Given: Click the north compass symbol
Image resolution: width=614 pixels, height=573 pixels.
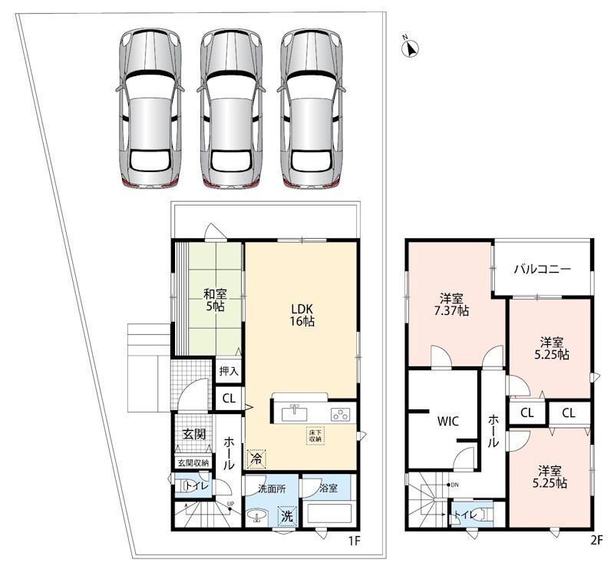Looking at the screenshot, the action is click(411, 48).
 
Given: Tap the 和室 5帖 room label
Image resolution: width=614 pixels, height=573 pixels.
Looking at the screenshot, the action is click(215, 300).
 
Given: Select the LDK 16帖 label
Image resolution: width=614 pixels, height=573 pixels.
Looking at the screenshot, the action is click(302, 315).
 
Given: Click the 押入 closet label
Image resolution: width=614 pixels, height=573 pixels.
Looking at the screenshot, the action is click(229, 371).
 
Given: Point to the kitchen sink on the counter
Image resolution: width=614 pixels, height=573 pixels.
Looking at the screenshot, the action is click(295, 413).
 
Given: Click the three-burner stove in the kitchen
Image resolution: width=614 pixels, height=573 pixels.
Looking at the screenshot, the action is click(340, 414).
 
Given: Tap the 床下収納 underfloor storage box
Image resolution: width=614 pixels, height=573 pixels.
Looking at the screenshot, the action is click(315, 436).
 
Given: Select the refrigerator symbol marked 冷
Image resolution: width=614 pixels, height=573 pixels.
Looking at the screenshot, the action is click(256, 459).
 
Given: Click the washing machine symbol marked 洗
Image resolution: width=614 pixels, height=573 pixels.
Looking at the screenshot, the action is click(288, 516).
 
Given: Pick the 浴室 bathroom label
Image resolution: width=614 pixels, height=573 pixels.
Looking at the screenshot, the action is click(328, 489).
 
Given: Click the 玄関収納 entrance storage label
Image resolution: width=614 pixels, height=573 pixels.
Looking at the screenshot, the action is click(193, 462).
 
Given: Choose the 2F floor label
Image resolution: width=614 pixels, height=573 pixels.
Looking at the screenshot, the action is click(596, 541).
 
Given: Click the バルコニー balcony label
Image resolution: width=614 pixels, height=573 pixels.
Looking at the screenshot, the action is click(543, 270).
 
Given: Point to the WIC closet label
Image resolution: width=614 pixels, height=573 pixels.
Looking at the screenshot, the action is click(447, 422).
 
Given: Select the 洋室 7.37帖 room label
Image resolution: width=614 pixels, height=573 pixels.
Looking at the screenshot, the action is click(451, 304).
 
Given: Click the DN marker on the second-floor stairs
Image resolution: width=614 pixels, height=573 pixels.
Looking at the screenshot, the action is click(454, 485).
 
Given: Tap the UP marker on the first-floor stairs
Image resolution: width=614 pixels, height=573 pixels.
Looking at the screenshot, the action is click(230, 504).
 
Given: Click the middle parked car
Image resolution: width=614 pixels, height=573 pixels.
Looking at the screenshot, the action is click(231, 108).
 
